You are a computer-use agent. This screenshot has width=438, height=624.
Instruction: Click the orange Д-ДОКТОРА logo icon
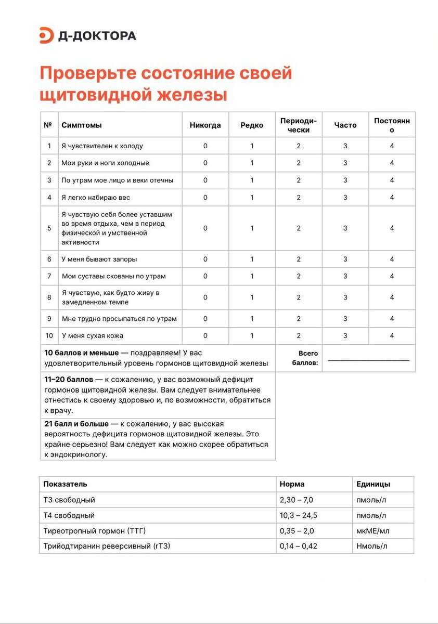coord(47,35)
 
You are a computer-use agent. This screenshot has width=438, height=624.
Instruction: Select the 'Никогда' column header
coord(205,125)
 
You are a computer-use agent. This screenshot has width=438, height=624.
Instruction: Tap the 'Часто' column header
coord(345,125)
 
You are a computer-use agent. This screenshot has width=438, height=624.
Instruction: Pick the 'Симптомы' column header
coord(82,125)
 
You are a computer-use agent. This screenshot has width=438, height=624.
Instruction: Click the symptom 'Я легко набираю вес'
coord(96,198)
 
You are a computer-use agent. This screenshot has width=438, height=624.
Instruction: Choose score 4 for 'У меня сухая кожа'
coord(392,336)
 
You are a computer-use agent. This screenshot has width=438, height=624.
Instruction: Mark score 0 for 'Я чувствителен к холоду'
coord(205,146)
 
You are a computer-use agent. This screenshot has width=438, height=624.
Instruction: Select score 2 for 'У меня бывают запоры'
coord(299,259)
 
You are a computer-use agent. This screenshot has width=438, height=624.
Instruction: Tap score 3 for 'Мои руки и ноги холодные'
coord(345,163)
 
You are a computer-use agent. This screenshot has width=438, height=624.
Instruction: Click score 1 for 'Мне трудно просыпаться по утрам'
coord(252,319)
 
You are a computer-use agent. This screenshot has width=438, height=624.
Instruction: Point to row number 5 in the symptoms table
coord(49,228)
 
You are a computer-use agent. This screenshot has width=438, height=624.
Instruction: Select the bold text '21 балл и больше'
coord(76,424)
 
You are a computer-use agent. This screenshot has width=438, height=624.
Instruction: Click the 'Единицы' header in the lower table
coord(373,484)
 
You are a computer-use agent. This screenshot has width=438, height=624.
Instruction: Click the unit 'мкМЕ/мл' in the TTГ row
coord(372,531)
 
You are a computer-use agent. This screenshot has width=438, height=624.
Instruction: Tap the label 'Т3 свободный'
coord(69,500)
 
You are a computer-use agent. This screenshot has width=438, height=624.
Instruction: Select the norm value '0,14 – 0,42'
coord(299,546)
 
